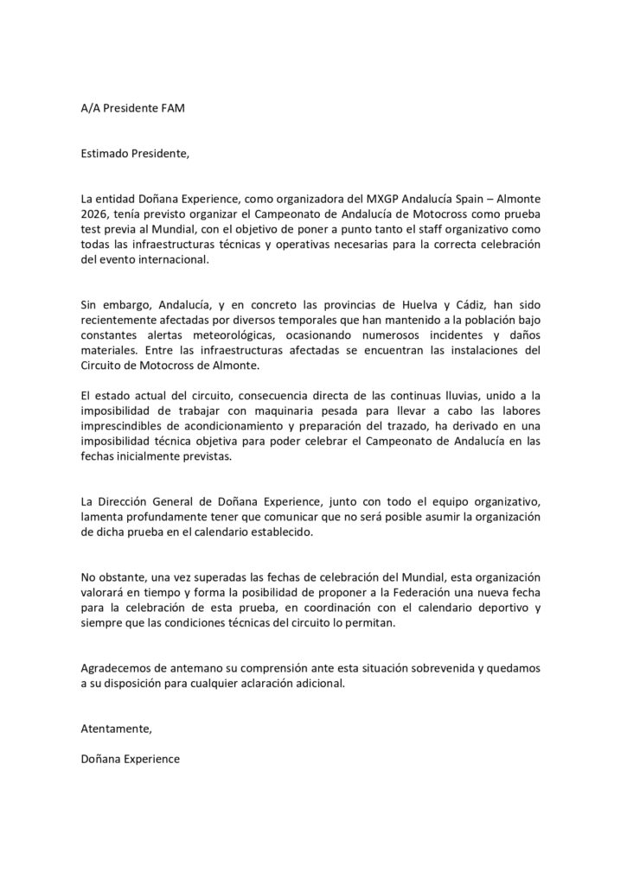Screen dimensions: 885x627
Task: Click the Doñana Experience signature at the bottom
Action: point(129,758)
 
